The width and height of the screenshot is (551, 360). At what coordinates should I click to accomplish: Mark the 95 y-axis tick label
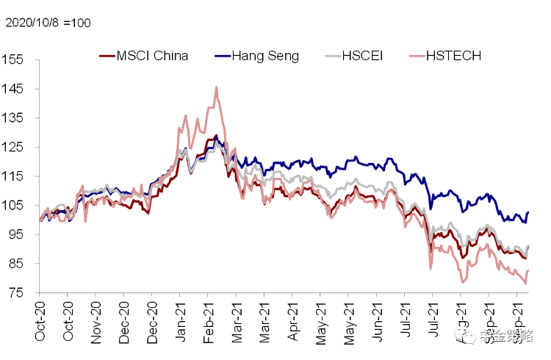pos(16,234)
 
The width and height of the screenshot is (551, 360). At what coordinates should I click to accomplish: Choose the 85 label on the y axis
pos(16,263)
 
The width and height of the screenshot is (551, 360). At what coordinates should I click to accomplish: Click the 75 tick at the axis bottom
pos(16,292)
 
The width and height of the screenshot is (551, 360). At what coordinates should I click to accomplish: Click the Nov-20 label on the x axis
pos(96,321)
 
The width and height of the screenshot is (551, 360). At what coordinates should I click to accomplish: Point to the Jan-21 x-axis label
pos(180,321)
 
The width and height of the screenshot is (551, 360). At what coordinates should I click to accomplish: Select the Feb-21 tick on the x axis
pos(209,321)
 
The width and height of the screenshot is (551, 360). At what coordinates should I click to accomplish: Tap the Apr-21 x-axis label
pos(294,321)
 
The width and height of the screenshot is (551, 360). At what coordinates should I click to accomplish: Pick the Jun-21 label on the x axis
pos(378,321)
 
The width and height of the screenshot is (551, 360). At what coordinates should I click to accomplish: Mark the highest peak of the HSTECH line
pos(216,87)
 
